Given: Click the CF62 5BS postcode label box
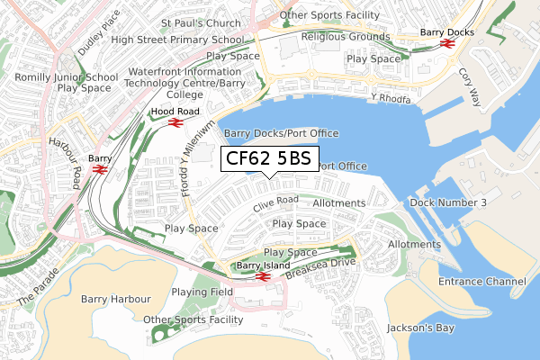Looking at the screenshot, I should pos(268,159).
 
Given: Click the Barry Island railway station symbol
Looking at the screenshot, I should pos(261,276).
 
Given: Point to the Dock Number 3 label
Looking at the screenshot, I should pos(447,202).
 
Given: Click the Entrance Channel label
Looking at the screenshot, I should pos(481,283).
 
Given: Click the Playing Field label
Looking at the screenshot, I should pos(202,292).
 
